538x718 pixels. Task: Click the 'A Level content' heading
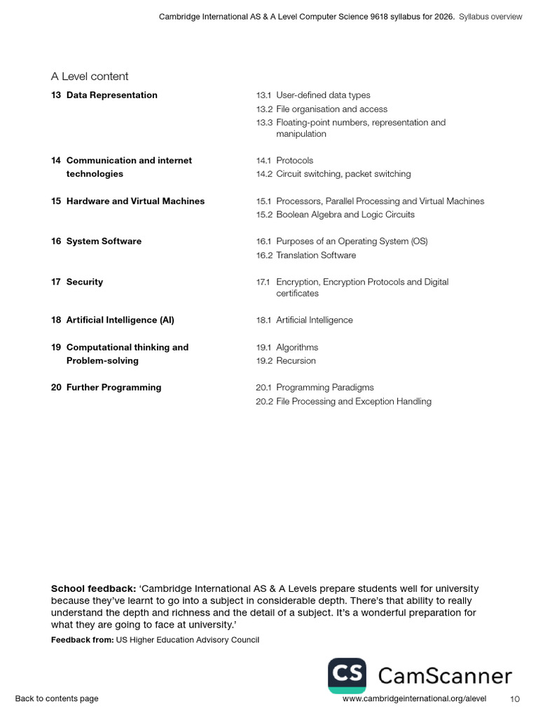[90, 76]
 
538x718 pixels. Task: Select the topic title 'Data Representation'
[111, 95]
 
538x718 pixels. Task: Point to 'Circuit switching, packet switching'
[343, 174]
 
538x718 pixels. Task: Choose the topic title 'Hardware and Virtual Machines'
[135, 201]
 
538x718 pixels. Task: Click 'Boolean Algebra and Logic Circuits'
[345, 215]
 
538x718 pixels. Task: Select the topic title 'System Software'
[104, 241]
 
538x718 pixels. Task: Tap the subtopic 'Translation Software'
[315, 255]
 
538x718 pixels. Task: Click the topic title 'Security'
[84, 282]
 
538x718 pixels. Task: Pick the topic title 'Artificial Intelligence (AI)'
[120, 320]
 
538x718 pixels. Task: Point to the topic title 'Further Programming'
[113, 388]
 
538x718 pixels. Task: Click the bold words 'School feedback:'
[93, 589]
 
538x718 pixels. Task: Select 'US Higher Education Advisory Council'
[187, 640]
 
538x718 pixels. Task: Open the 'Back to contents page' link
[57, 698]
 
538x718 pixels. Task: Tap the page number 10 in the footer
[515, 699]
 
